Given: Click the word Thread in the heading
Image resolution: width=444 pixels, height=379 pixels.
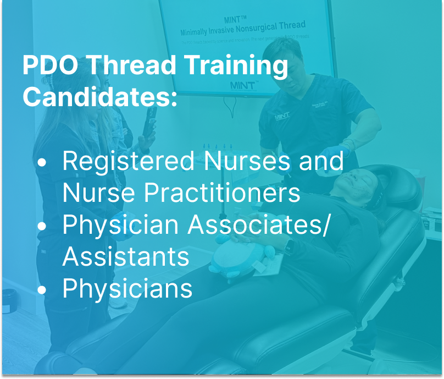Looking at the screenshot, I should click(132, 66).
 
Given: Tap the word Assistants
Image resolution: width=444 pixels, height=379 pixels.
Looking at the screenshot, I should click(126, 256).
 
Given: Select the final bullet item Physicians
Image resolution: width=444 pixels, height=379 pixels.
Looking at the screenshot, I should click(127, 288).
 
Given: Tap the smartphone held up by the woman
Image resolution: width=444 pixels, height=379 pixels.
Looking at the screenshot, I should click(149, 124).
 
